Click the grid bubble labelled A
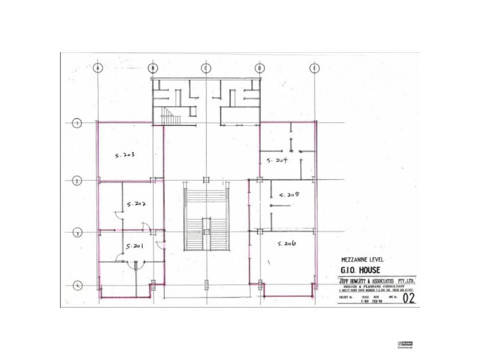pyautogui.click(x=98, y=68)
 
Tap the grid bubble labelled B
pyautogui.click(x=153, y=68)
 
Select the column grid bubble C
pyautogui.click(x=206, y=68)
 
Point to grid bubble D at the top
pyautogui.click(x=260, y=68)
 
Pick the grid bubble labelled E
pyautogui.click(x=314, y=68)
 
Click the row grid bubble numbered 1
pyautogui.click(x=77, y=124)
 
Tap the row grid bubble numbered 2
pyautogui.click(x=77, y=180)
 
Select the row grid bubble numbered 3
pyautogui.click(x=77, y=233)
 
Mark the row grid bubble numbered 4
pyautogui.click(x=77, y=286)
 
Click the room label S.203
pyautogui.click(x=124, y=155)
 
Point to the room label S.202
pyautogui.click(x=136, y=204)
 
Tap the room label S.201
pyautogui.click(x=133, y=246)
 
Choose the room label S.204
pyautogui.click(x=279, y=160)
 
